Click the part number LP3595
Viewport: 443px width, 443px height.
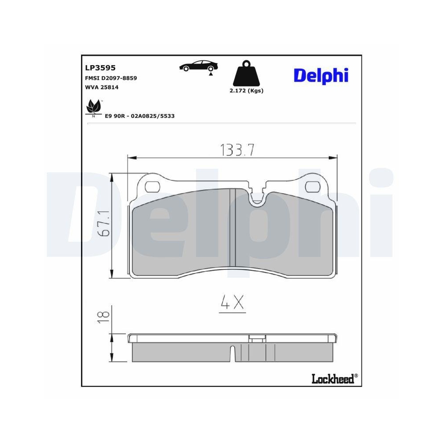pyautogui.click(x=100, y=68)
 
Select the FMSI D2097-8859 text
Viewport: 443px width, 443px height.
pyautogui.click(x=110, y=78)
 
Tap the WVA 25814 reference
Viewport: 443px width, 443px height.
pyautogui.click(x=101, y=87)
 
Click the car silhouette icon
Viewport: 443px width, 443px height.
pyautogui.click(x=198, y=66)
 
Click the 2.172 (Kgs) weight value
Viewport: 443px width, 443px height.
pyautogui.click(x=246, y=91)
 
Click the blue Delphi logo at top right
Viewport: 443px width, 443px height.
pyautogui.click(x=321, y=75)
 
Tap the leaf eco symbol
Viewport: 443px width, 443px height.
pyautogui.click(x=93, y=107)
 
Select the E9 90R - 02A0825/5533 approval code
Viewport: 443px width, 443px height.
pyautogui.click(x=140, y=116)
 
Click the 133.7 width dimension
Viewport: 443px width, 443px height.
pyautogui.click(x=237, y=151)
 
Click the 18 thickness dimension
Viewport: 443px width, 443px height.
pyautogui.click(x=103, y=315)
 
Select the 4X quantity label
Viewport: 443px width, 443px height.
pyautogui.click(x=232, y=303)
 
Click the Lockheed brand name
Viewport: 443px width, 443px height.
pyautogui.click(x=333, y=379)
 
